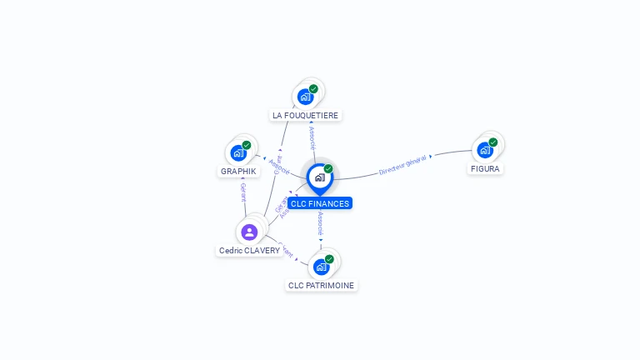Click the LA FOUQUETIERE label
(x=306, y=115)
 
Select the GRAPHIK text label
(x=238, y=171)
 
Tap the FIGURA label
(x=485, y=168)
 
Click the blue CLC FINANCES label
(x=320, y=203)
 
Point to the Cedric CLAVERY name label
(x=249, y=250)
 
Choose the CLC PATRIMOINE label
(x=321, y=285)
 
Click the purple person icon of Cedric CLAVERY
(x=249, y=232)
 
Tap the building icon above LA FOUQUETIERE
(x=305, y=97)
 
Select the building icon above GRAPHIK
(x=238, y=153)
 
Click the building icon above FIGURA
(x=484, y=150)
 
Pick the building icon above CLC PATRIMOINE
(x=321, y=267)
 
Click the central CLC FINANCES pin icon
(x=319, y=177)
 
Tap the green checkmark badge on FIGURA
(x=493, y=142)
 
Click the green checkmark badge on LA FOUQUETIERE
(x=313, y=89)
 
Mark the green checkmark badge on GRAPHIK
(x=247, y=145)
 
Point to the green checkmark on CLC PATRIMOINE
(x=329, y=259)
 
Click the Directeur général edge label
(x=403, y=164)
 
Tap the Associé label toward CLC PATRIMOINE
(x=321, y=224)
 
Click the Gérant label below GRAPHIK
(x=243, y=193)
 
